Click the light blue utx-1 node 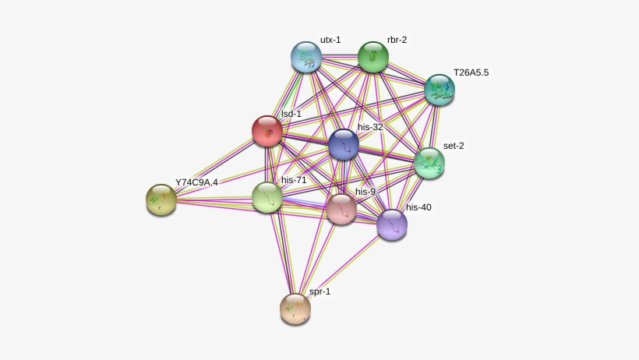[x=306, y=57]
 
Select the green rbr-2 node [x=373, y=57]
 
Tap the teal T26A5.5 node [x=440, y=90]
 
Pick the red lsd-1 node [x=267, y=131]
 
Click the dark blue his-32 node [x=344, y=144]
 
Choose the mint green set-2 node [x=429, y=163]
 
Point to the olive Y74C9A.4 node [x=161, y=199]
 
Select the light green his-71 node [x=267, y=197]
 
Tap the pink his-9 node [x=341, y=209]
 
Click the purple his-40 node [x=392, y=224]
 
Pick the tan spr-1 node [x=295, y=309]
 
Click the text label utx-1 [x=330, y=40]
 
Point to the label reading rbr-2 [x=397, y=40]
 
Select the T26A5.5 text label [x=471, y=72]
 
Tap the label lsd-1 [x=291, y=114]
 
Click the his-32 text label [x=370, y=127]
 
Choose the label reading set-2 [x=454, y=146]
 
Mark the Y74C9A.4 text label [x=196, y=182]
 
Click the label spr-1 [x=320, y=291]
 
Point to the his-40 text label [x=418, y=207]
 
